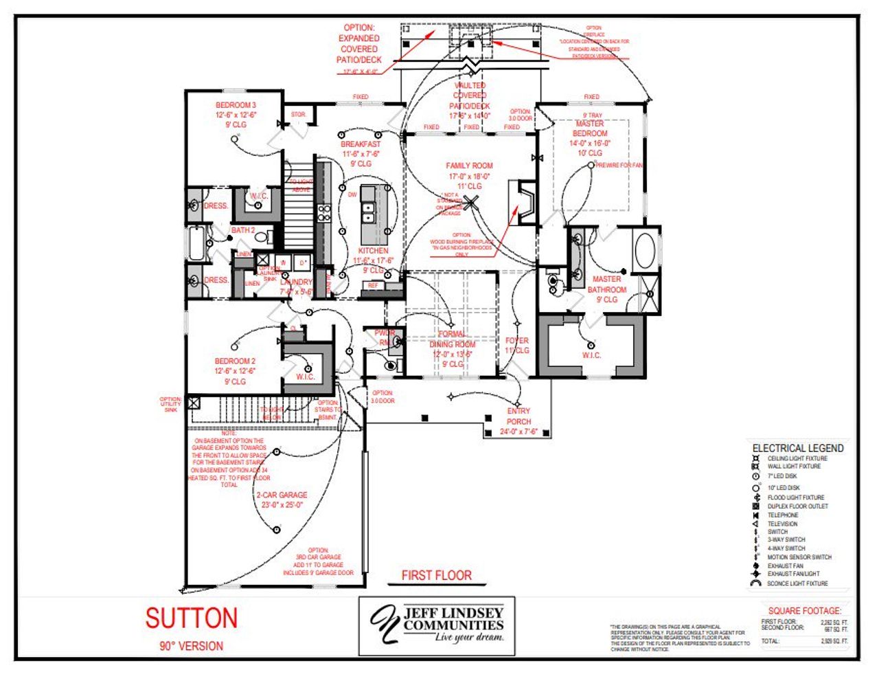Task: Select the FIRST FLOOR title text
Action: (x=437, y=575)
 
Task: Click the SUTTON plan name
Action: (x=192, y=618)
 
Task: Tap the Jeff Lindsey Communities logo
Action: (x=437, y=625)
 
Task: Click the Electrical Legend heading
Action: (x=798, y=448)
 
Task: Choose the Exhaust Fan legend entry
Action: (x=785, y=566)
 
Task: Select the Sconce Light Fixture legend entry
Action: (x=797, y=583)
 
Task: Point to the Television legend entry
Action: (x=782, y=524)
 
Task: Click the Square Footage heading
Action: (x=804, y=610)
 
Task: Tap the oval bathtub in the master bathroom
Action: (x=646, y=250)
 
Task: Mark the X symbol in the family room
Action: (x=470, y=202)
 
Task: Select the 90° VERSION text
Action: (x=192, y=646)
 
